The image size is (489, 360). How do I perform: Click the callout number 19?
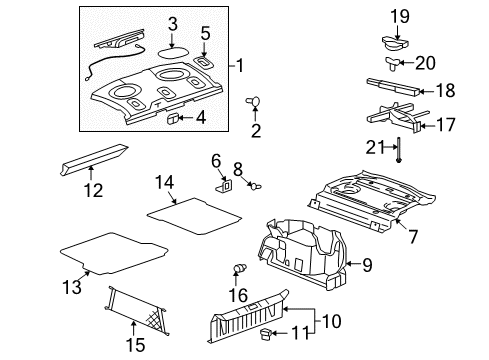tap(400, 15)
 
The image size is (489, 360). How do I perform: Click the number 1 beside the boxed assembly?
tap(239, 66)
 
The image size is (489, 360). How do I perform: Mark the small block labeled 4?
tap(173, 118)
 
